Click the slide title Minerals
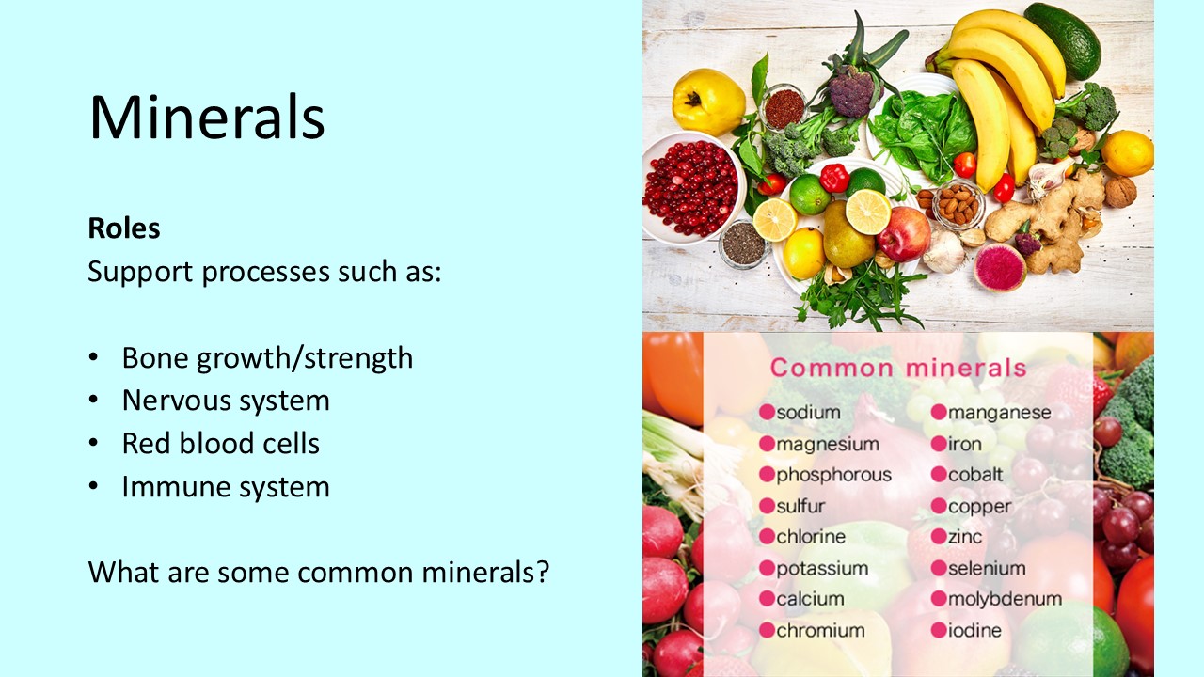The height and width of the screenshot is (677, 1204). pyautogui.click(x=207, y=118)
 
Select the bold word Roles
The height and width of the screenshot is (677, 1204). pyautogui.click(x=124, y=228)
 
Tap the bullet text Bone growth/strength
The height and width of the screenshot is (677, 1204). pyautogui.click(x=267, y=358)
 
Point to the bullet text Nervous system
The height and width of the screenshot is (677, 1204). pyautogui.click(x=226, y=401)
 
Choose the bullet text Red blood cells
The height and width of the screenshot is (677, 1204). pyautogui.click(x=221, y=444)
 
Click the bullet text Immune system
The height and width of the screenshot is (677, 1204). pyautogui.click(x=226, y=487)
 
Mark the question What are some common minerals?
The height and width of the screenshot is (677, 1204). pyautogui.click(x=318, y=572)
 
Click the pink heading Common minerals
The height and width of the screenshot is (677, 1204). pyautogui.click(x=898, y=368)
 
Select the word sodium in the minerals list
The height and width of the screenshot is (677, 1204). pyautogui.click(x=808, y=412)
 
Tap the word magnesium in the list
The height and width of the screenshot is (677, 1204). pyautogui.click(x=828, y=444)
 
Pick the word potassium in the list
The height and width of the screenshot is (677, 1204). pyautogui.click(x=822, y=569)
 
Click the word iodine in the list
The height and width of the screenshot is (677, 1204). pyautogui.click(x=974, y=631)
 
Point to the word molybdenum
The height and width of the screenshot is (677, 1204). pyautogui.click(x=1005, y=599)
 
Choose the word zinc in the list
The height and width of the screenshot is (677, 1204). pyautogui.click(x=965, y=537)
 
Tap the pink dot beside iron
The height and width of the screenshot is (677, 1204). pyautogui.click(x=939, y=444)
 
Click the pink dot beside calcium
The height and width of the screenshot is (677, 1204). pyautogui.click(x=767, y=599)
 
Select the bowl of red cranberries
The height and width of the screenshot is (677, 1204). pyautogui.click(x=690, y=189)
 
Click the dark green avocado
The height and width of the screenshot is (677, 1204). pyautogui.click(x=1063, y=39)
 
